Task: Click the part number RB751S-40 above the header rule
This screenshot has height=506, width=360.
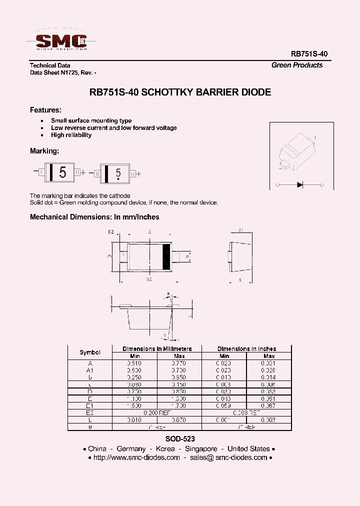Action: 309,53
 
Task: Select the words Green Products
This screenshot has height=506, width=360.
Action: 297,65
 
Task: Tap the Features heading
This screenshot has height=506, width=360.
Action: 45,110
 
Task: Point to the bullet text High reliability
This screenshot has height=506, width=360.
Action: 71,135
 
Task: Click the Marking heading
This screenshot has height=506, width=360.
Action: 44,151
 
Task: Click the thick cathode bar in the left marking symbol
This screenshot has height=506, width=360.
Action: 51,173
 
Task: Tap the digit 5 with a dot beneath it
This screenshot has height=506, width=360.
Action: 118,173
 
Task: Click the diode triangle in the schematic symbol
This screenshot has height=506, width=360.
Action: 299,184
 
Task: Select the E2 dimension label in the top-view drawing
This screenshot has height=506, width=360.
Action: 111,232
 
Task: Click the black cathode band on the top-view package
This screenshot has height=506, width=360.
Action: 167,257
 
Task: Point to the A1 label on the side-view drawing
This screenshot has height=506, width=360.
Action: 240,230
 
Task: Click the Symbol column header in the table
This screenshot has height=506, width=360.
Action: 90,352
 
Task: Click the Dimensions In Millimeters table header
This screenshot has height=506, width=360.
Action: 157,348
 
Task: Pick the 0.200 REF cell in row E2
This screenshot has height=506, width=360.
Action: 157,413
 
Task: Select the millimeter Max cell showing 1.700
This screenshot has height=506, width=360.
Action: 179,406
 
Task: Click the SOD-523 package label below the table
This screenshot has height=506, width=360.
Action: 179,438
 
